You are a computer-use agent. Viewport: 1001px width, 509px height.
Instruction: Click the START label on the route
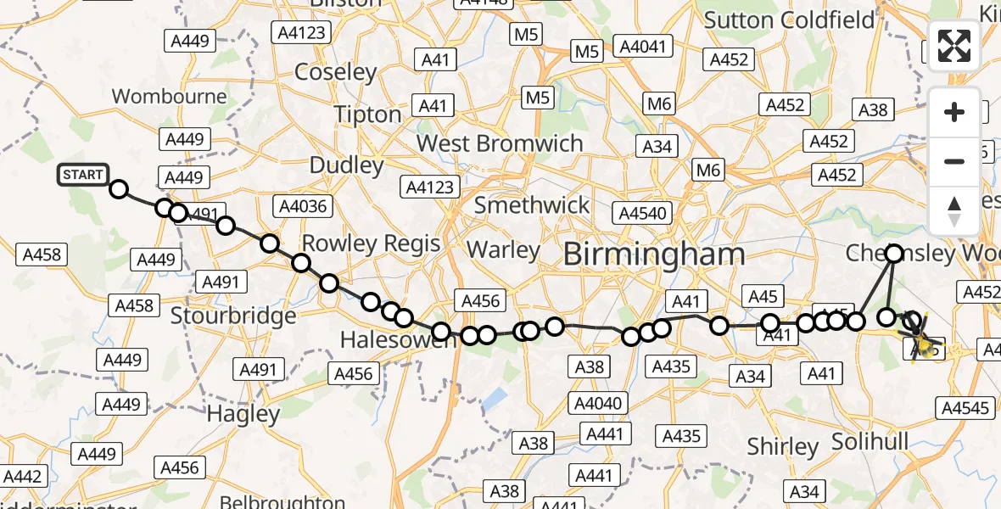coord(82,176)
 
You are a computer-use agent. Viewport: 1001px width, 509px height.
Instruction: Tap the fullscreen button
coord(954,46)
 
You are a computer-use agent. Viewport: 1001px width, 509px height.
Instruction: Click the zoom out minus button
coord(954,161)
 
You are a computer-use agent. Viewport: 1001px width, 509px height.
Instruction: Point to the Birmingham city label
coord(653,254)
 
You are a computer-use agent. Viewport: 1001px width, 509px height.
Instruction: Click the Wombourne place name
coord(170,96)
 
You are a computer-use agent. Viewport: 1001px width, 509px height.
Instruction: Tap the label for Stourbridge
coord(233,316)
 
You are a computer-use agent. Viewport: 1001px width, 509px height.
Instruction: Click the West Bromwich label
coord(500,143)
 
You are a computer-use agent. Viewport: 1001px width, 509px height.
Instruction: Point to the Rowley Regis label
coord(371,243)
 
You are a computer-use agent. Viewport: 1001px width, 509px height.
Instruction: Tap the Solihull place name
coord(870,442)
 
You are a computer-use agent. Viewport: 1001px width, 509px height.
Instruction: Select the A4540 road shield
coord(643,213)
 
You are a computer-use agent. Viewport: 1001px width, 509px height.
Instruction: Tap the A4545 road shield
coord(965,408)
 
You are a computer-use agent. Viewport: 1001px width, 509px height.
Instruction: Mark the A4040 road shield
coord(598,404)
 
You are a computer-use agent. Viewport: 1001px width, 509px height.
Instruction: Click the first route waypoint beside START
coord(119,189)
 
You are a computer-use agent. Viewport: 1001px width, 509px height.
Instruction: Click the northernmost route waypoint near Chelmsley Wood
coord(895,252)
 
